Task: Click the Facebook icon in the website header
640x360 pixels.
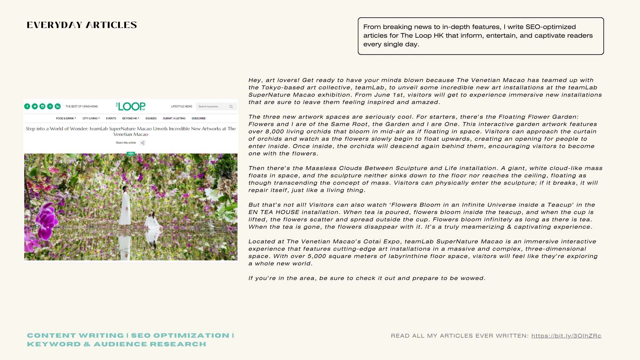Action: [x=27, y=106]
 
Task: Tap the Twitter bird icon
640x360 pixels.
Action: [x=35, y=106]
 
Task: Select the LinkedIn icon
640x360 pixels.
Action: [x=58, y=106]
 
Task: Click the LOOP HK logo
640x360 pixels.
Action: [x=131, y=106]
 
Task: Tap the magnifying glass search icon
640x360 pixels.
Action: [x=231, y=107]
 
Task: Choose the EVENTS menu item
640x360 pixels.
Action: [x=111, y=118]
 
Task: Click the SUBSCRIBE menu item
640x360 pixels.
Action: [x=199, y=118]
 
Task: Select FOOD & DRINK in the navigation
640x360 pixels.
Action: [x=65, y=118]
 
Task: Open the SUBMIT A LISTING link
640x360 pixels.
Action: [x=174, y=118]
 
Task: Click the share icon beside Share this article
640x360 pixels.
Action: [x=143, y=143]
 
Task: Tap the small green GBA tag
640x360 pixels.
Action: [x=131, y=154]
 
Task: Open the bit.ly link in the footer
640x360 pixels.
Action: [x=566, y=336]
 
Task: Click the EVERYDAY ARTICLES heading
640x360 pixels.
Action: [x=82, y=25]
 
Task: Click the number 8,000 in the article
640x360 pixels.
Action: [x=276, y=131]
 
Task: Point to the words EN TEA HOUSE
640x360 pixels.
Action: [x=274, y=212]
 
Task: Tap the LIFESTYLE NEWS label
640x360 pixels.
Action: [x=182, y=107]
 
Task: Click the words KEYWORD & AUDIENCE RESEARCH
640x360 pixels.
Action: [x=117, y=344]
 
